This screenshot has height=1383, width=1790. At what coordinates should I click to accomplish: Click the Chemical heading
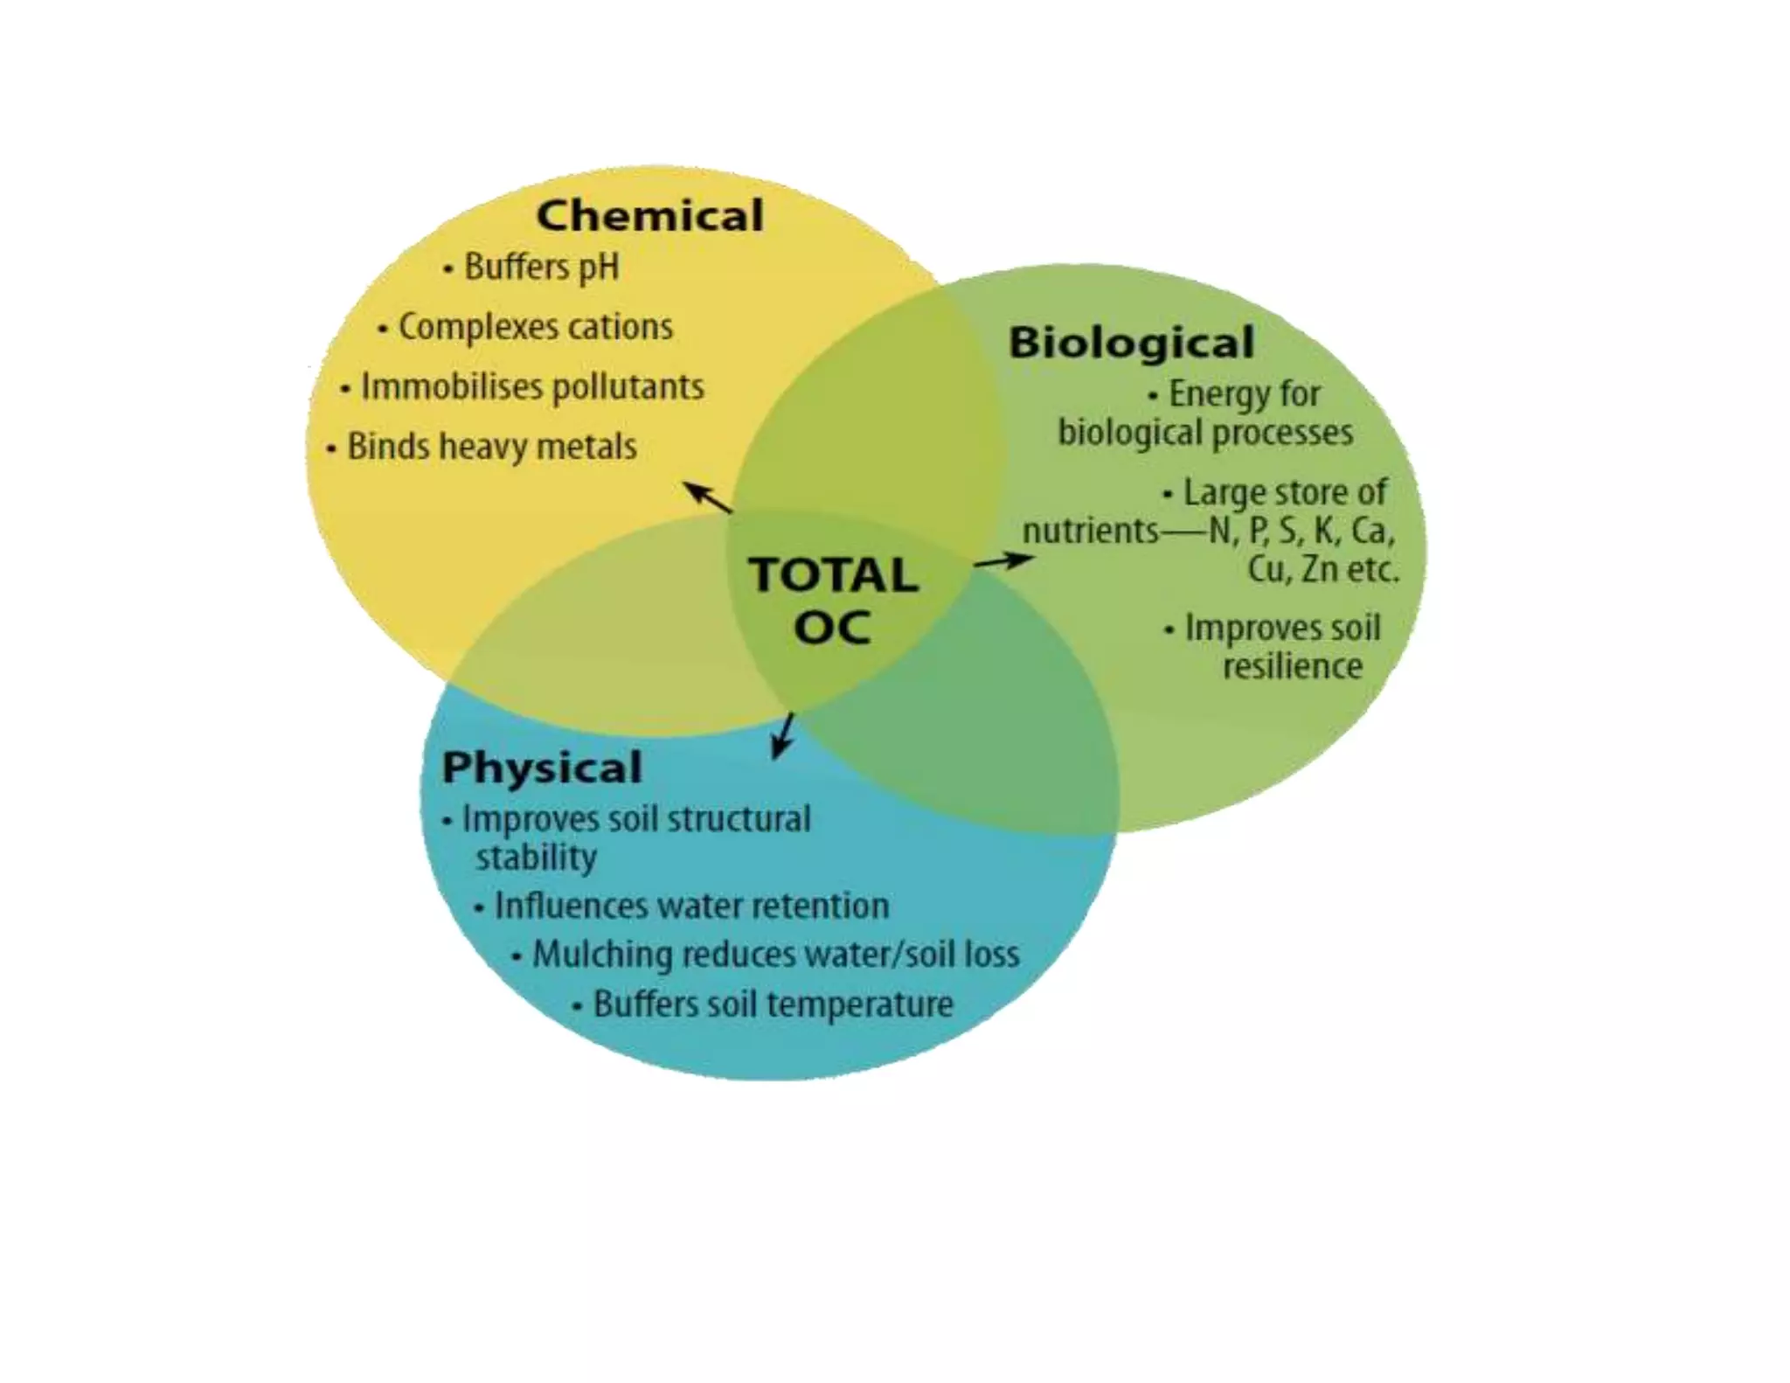tap(649, 215)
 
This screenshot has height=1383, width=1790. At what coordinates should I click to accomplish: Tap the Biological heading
tap(1131, 342)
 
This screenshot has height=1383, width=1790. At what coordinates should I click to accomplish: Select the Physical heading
tap(542, 767)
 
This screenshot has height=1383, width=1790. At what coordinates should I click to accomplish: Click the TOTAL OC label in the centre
tap(833, 601)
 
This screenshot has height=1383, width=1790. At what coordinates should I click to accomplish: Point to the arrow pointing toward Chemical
tap(708, 497)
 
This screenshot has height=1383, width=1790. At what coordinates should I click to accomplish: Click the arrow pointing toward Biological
tap(1003, 559)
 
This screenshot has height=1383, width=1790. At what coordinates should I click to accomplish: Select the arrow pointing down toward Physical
tap(783, 735)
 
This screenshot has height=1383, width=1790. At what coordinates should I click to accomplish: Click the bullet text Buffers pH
tap(541, 267)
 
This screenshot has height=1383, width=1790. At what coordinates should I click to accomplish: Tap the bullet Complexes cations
tap(535, 327)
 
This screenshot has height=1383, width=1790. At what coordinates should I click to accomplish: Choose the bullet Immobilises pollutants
tap(531, 386)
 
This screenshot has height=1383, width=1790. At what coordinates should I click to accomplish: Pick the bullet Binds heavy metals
tap(491, 447)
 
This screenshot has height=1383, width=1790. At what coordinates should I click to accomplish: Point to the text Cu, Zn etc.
tap(1322, 569)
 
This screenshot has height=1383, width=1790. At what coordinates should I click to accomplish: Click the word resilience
tap(1292, 666)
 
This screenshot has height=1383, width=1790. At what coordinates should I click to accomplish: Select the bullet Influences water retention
tap(690, 906)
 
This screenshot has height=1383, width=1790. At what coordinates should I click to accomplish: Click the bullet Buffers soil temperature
tap(773, 1004)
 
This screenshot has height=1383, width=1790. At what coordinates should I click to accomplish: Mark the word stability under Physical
tap(536, 858)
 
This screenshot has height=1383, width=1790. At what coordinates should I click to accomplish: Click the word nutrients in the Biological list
tap(1091, 531)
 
